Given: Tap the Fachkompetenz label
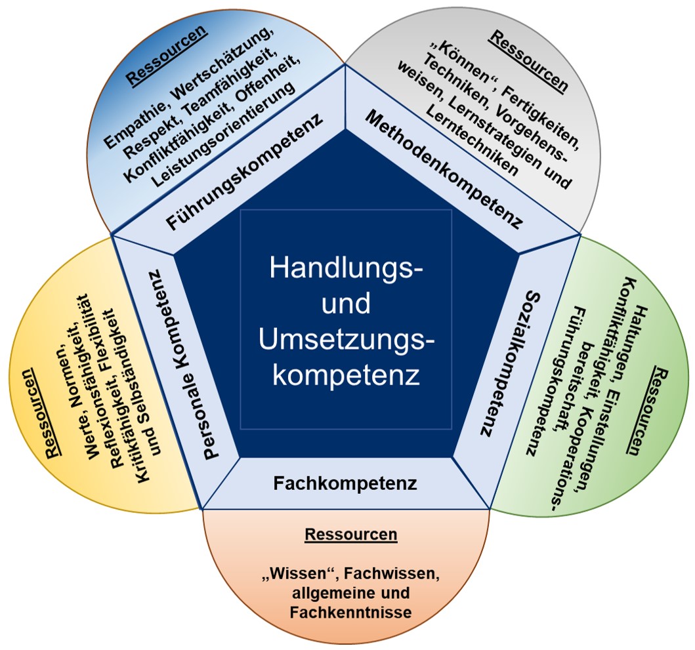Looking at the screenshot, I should coord(345,484).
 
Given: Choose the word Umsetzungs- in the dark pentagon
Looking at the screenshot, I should coord(348,341).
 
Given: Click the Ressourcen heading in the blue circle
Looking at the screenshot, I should coord(167,54).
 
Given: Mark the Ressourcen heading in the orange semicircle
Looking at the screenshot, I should coord(350,535).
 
